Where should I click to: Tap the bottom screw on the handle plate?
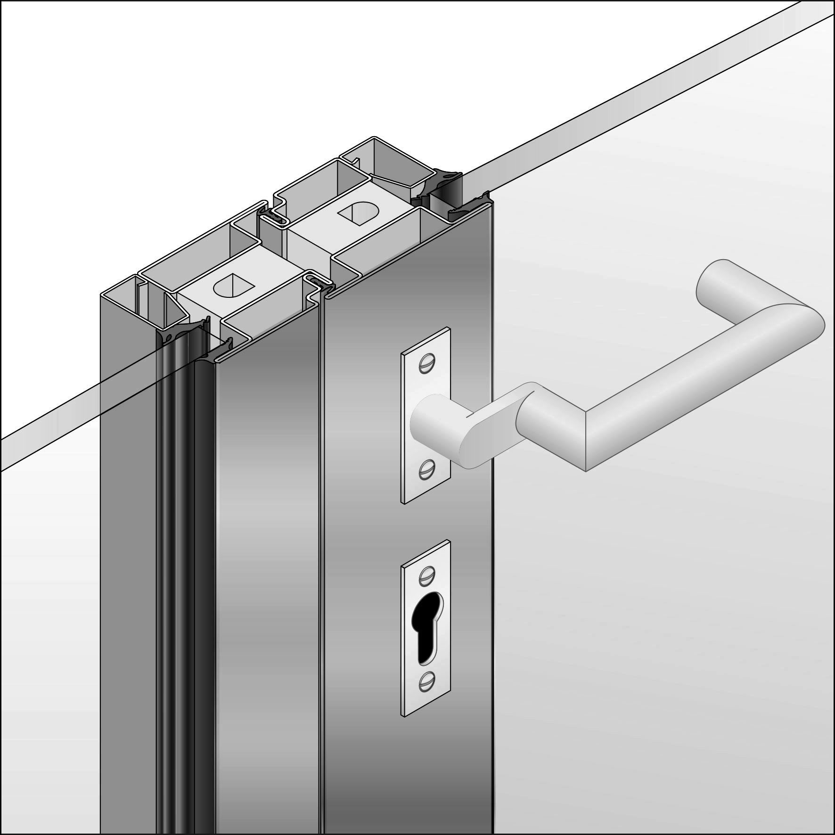pyautogui.click(x=426, y=469)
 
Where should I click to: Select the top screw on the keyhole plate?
pyautogui.click(x=426, y=574)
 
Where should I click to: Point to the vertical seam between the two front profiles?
pyautogui.click(x=322, y=565)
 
